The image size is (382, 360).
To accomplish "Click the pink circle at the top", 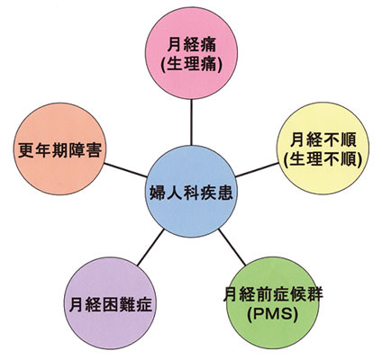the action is pyautogui.click(x=191, y=53).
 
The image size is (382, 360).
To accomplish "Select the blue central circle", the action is pyautogui.click(x=191, y=192).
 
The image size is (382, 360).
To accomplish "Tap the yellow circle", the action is pyautogui.click(x=323, y=148).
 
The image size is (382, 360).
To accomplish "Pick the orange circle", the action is pyautogui.click(x=59, y=148).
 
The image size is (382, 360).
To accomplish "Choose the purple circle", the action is pyautogui.click(x=110, y=303).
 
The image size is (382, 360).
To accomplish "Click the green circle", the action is pyautogui.click(x=273, y=302).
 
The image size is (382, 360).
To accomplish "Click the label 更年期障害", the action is pyautogui.click(x=59, y=150).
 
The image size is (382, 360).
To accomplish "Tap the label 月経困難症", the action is pyautogui.click(x=110, y=304).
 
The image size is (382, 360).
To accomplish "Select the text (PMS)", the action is pyautogui.click(x=272, y=314).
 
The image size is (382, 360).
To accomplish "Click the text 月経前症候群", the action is pyautogui.click(x=273, y=294).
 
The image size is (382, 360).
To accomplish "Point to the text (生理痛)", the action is pyautogui.click(x=192, y=65).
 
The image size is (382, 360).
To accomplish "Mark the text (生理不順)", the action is pyautogui.click(x=323, y=159).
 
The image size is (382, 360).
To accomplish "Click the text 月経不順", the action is pyautogui.click(x=323, y=139).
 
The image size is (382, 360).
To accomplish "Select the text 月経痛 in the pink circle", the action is pyautogui.click(x=192, y=46).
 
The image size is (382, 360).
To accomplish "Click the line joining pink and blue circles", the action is pyautogui.click(x=191, y=122).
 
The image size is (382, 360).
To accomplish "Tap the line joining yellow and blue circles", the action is pyautogui.click(x=257, y=170).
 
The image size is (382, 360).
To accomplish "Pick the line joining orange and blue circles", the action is pyautogui.click(x=125, y=170).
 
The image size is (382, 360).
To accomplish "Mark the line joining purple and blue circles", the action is pyautogui.click(x=150, y=247).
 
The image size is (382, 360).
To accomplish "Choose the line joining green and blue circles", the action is pyautogui.click(x=232, y=247).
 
